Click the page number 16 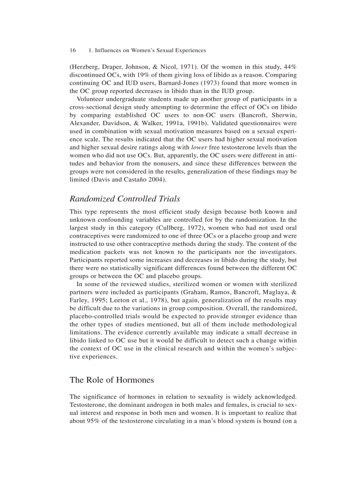point(73,51)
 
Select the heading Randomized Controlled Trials point(125,199)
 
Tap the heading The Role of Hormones point(112,380)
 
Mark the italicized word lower point(199,147)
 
